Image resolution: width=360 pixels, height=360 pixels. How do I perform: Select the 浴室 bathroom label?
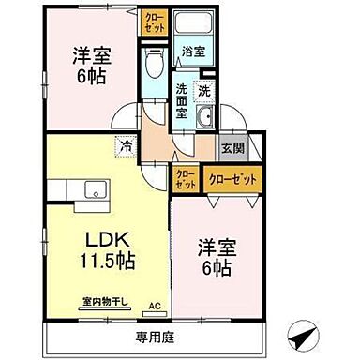(193, 52)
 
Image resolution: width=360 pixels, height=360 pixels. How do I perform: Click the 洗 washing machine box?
(204, 91)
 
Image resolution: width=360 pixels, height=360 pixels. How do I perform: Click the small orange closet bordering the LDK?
(185, 179)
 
